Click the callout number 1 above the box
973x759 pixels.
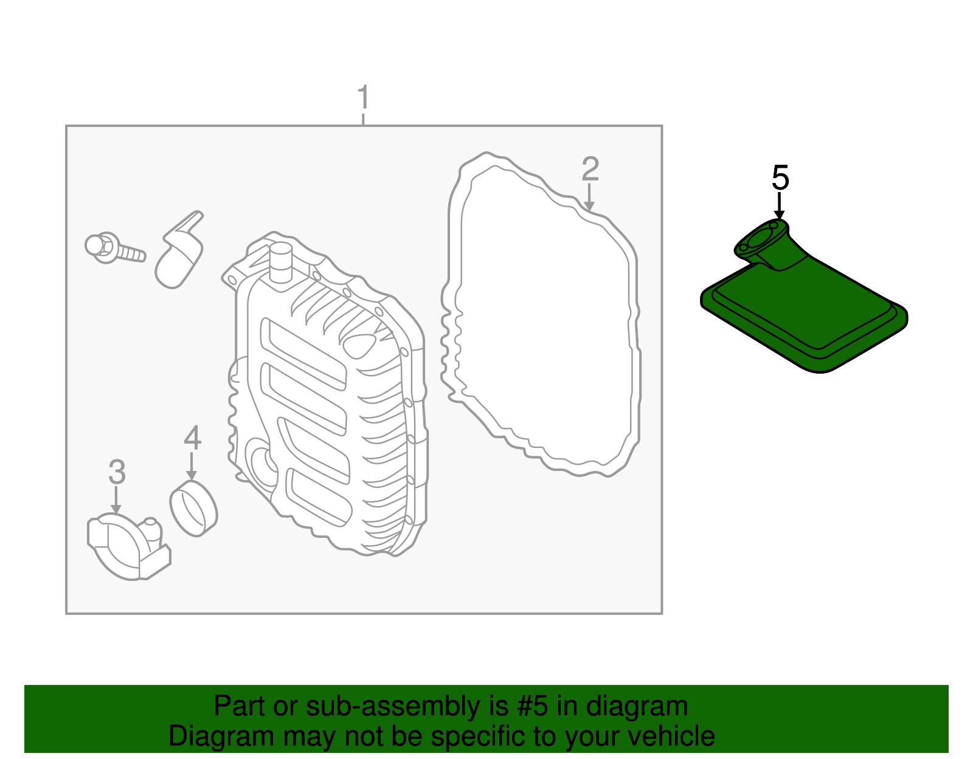pyautogui.click(x=363, y=98)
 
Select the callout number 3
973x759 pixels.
pyautogui.click(x=117, y=472)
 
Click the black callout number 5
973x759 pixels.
pyautogui.click(x=780, y=178)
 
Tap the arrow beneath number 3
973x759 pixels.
pyautogui.click(x=116, y=501)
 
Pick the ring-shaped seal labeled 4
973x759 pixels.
pyautogui.click(x=193, y=508)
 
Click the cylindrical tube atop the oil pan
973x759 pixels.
pyautogui.click(x=280, y=262)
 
